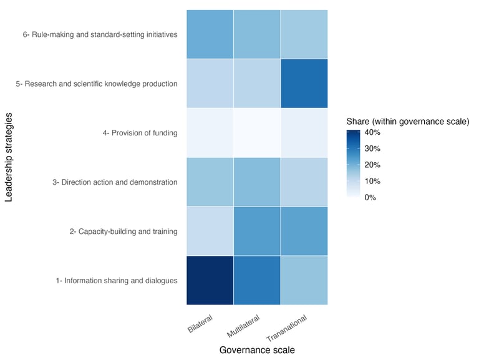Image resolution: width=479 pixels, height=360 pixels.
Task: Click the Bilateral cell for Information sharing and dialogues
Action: click(x=210, y=280)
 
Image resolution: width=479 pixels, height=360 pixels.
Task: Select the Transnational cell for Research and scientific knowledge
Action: click(x=304, y=84)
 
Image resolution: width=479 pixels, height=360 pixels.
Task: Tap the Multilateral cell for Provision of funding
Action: click(x=257, y=133)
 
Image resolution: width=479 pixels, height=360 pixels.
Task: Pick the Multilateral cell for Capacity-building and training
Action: click(x=257, y=231)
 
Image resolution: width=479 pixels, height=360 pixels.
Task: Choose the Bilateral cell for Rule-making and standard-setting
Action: click(x=210, y=34)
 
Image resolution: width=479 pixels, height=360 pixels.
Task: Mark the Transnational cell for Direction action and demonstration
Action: click(x=304, y=182)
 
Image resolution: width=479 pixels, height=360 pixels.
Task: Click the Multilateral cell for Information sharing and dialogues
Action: click(x=257, y=280)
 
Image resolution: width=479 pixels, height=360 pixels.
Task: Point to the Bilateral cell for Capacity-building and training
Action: click(x=210, y=231)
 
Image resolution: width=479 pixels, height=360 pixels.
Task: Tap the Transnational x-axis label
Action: click(x=289, y=328)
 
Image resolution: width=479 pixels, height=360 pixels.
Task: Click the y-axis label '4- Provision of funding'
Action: click(x=140, y=133)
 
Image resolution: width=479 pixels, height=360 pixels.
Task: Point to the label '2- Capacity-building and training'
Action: click(x=123, y=231)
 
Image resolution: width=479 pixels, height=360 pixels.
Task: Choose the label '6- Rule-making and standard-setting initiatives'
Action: click(x=100, y=35)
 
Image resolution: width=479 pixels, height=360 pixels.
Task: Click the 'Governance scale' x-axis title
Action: click(x=257, y=350)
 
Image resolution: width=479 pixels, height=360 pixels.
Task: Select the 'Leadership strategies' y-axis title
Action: click(x=9, y=157)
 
